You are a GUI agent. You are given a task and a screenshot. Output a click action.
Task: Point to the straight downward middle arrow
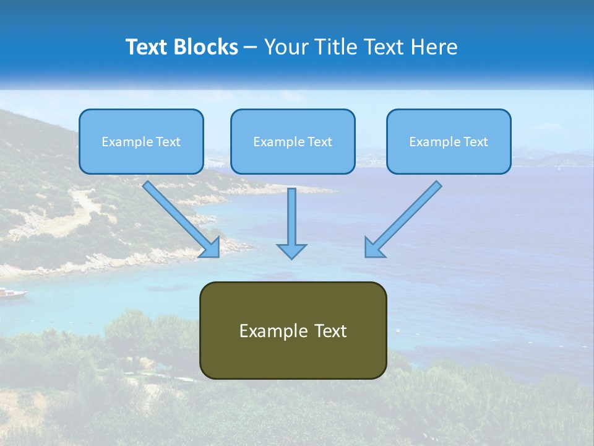[x=291, y=217]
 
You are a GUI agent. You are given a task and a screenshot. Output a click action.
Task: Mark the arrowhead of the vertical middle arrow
[x=291, y=251]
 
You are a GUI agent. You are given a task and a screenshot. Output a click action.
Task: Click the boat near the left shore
[x=11, y=292]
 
